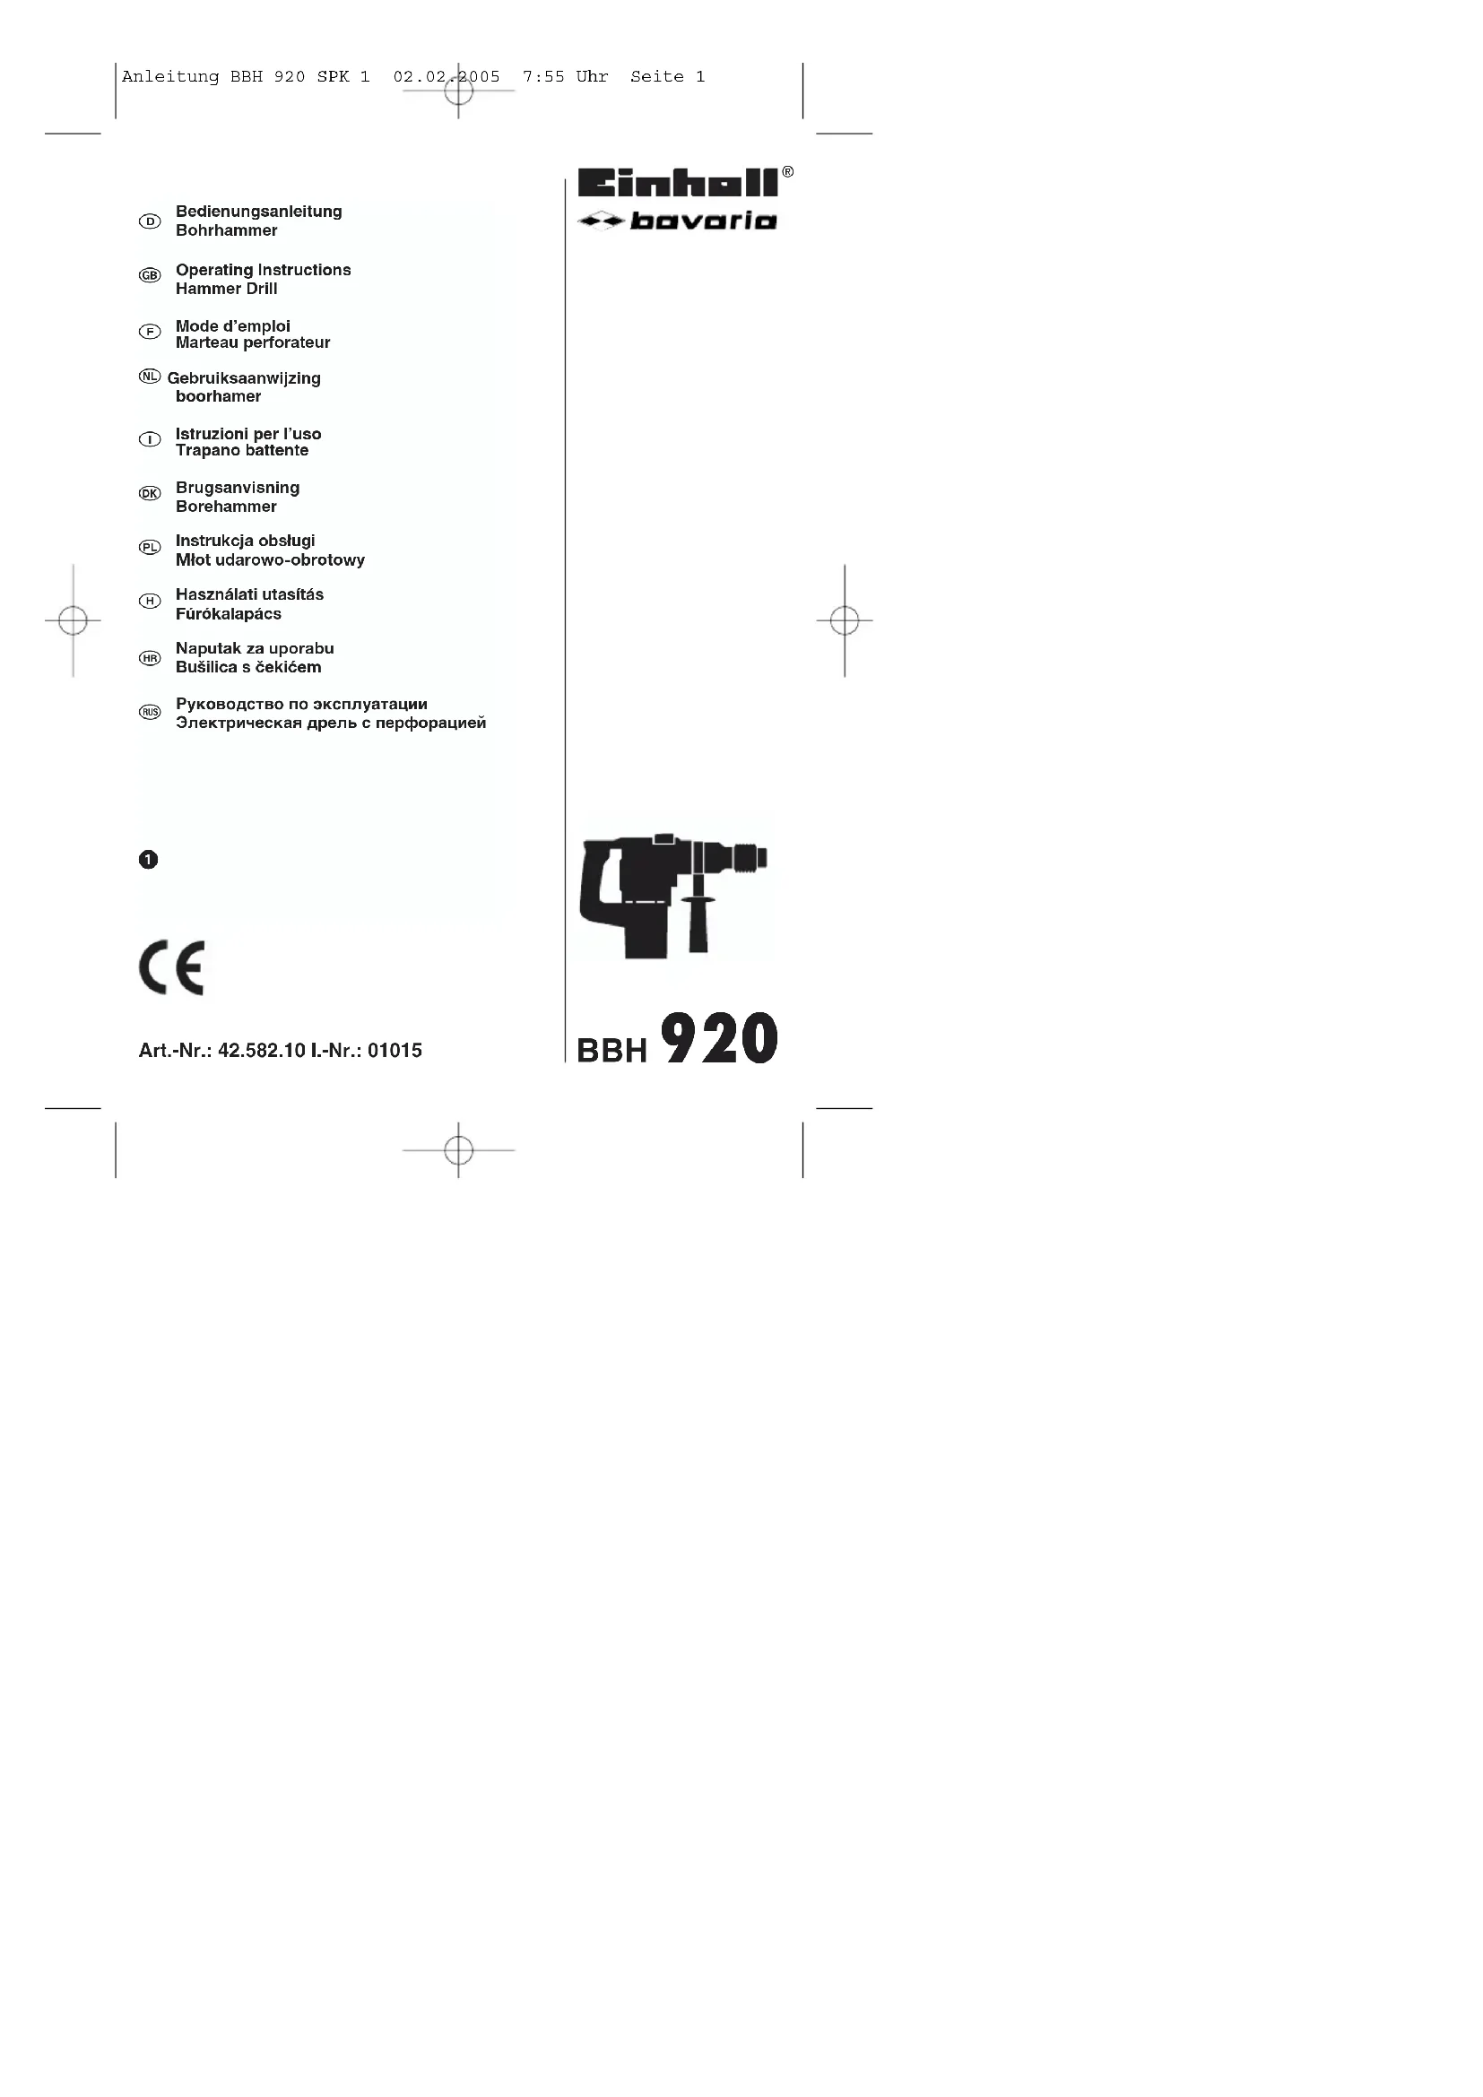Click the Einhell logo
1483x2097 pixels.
tap(678, 183)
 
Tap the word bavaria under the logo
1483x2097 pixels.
tap(702, 221)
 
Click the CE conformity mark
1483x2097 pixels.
tap(171, 967)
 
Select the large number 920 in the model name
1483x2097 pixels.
tap(720, 1038)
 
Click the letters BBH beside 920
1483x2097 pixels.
tap(611, 1052)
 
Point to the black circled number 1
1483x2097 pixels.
tap(148, 860)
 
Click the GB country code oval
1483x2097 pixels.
tap(150, 275)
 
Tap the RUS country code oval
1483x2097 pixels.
tap(150, 712)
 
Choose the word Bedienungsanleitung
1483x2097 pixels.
tap(258, 212)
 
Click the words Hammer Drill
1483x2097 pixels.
tap(227, 289)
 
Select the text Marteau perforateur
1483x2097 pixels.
tap(253, 343)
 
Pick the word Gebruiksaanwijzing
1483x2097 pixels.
tap(244, 378)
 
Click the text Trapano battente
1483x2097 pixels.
tap(242, 450)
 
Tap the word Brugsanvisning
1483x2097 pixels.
tap(238, 488)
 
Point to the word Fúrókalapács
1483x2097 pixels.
tap(229, 614)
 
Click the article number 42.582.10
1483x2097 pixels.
tap(261, 1051)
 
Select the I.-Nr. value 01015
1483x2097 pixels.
tap(395, 1051)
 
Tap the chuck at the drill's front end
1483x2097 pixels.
tap(749, 858)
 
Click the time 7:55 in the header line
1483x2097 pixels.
tap(543, 78)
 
